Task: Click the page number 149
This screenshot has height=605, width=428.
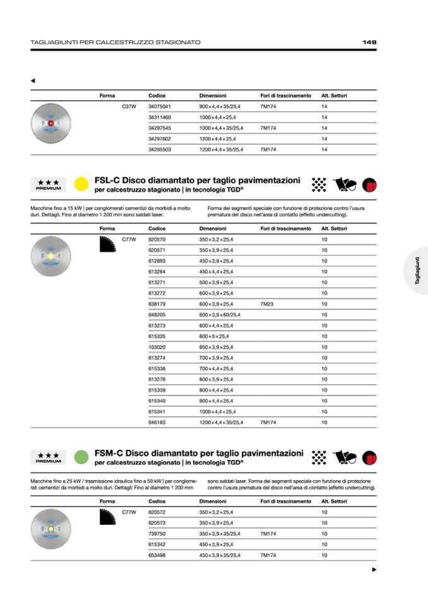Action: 369,42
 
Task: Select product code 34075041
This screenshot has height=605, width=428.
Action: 160,107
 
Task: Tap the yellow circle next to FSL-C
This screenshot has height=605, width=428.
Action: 81,184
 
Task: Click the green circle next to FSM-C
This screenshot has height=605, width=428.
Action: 81,457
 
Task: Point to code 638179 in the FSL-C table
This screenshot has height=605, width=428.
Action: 157,303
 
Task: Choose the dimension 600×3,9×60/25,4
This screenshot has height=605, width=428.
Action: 220,314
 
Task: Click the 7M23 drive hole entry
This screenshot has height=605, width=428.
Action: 266,303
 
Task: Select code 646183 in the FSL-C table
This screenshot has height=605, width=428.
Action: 157,422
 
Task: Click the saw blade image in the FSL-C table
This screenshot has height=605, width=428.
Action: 51,256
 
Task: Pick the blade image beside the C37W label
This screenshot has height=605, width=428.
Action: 51,122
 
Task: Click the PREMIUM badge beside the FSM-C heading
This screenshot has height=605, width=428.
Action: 49,457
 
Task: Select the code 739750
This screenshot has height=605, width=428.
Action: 157,534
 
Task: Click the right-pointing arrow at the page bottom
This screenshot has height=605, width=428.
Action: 374,570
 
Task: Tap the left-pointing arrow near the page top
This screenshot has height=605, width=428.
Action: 33,81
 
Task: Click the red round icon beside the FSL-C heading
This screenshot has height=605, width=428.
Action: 369,184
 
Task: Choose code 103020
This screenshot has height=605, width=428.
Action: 157,347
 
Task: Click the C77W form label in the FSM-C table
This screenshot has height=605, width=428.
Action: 129,512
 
